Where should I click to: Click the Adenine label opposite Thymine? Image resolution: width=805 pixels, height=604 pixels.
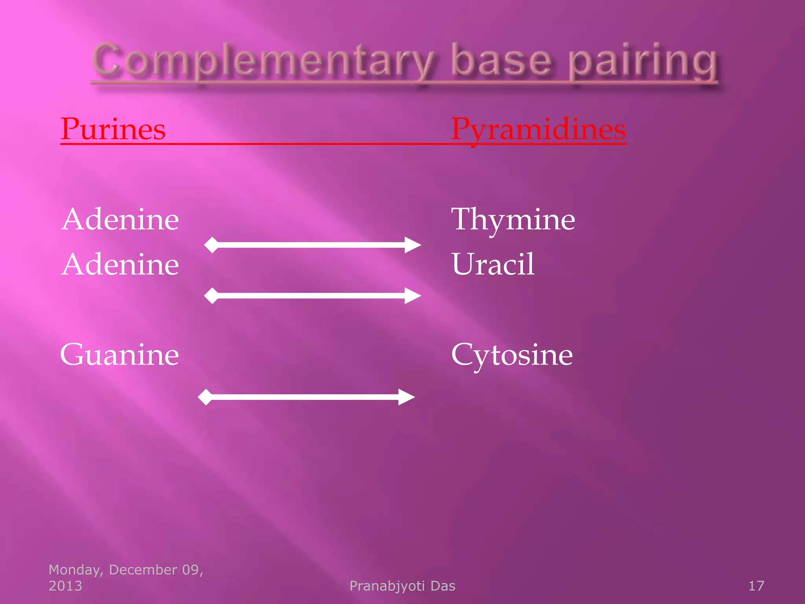pyautogui.click(x=120, y=219)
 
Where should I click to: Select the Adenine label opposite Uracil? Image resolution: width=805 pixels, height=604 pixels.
pyautogui.click(x=120, y=264)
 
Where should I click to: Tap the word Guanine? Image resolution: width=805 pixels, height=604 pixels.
pyautogui.click(x=119, y=355)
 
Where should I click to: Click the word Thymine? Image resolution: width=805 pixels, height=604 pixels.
pyautogui.click(x=513, y=219)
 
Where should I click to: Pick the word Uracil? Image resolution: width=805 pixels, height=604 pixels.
pyautogui.click(x=493, y=264)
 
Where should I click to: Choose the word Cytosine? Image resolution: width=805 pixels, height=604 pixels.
pyautogui.click(x=512, y=355)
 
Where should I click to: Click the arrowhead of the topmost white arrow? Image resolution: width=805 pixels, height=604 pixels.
pyautogui.click(x=413, y=245)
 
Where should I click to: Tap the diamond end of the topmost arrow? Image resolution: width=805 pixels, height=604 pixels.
pyautogui.click(x=211, y=245)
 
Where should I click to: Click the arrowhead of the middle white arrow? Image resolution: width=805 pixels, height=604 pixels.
pyautogui.click(x=413, y=296)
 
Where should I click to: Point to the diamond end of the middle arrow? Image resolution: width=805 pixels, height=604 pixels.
pyautogui.click(x=211, y=296)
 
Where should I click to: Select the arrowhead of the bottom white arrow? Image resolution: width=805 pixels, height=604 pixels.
pyautogui.click(x=406, y=397)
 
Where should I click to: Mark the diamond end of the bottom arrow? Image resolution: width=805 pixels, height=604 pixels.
pyautogui.click(x=205, y=397)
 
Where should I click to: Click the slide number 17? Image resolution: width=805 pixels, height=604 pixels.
pyautogui.click(x=756, y=586)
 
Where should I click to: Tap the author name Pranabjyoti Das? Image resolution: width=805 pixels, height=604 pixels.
pyautogui.click(x=402, y=586)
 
